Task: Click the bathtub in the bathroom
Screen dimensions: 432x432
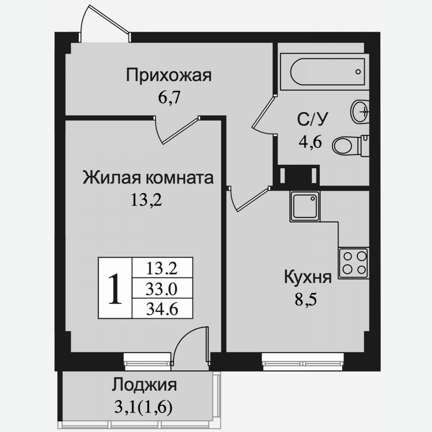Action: click(324, 72)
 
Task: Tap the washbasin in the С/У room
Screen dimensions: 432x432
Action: click(360, 111)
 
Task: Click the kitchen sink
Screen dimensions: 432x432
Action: click(304, 206)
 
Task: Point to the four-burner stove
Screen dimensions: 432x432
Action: click(353, 262)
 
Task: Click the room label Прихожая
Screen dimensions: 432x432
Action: click(169, 75)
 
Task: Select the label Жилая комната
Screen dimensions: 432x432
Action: click(148, 177)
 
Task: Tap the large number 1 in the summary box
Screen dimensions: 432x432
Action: click(114, 288)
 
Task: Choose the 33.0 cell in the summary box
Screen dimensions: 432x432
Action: click(161, 288)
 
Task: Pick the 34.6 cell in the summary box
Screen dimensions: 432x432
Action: click(161, 308)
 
